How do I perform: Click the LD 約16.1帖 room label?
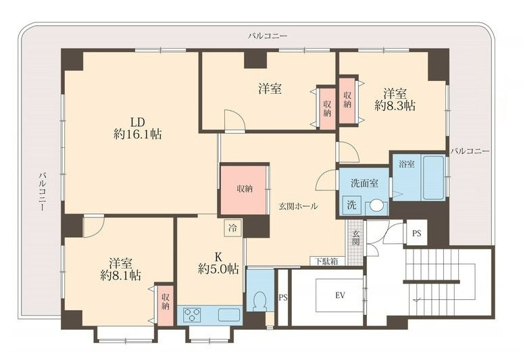pyautogui.click(x=138, y=128)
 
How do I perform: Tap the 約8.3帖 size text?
pyautogui.click(x=395, y=106)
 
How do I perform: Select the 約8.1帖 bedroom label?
pyautogui.click(x=120, y=276)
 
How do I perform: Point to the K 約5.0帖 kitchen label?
pyautogui.click(x=218, y=263)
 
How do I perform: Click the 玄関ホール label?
pyautogui.click(x=298, y=206)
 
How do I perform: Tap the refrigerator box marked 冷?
pyautogui.click(x=233, y=228)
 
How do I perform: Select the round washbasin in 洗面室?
pyautogui.click(x=376, y=205)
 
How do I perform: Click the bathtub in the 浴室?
pyautogui.click(x=434, y=178)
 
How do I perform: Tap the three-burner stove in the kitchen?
pyautogui.click(x=193, y=315)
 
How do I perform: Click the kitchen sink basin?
pyautogui.click(x=229, y=315)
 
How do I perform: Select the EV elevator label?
pyautogui.click(x=340, y=295)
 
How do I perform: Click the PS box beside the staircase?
pyautogui.click(x=416, y=233)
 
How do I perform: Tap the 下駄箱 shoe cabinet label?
pyautogui.click(x=326, y=261)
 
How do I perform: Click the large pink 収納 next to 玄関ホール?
pyautogui.click(x=244, y=189)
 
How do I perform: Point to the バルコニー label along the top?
pyautogui.click(x=268, y=36)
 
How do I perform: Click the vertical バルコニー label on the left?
pyautogui.click(x=43, y=192)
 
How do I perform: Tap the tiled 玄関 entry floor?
pyautogui.click(x=355, y=242)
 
